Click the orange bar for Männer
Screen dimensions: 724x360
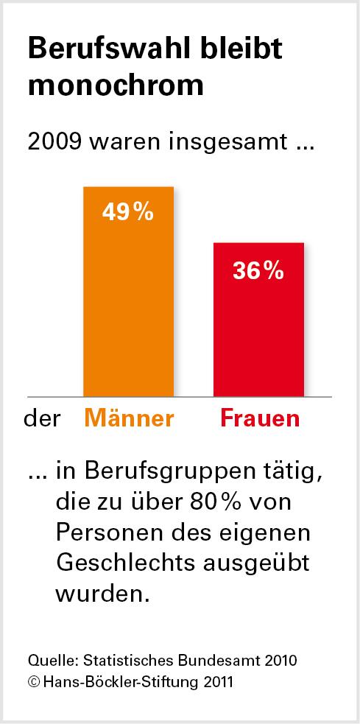click(x=128, y=309)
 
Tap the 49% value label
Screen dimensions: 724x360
click(x=128, y=214)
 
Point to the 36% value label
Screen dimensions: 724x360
click(x=258, y=270)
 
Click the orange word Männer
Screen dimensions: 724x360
click(x=130, y=418)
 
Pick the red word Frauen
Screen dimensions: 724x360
click(x=260, y=418)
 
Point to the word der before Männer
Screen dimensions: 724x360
click(x=42, y=419)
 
